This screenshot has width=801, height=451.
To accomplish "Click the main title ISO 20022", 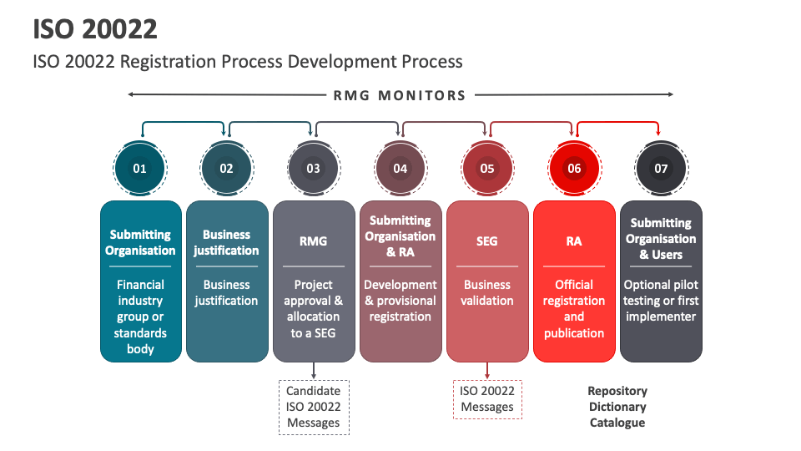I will [x=96, y=29].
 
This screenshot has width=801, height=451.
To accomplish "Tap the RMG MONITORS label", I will [x=400, y=95].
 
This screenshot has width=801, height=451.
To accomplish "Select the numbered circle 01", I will [x=139, y=168].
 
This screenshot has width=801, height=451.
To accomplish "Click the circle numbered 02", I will [x=226, y=168].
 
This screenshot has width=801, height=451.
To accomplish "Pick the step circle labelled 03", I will [x=313, y=168].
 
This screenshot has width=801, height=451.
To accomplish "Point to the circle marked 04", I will [x=400, y=168].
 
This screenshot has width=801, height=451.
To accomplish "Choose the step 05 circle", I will [x=487, y=168].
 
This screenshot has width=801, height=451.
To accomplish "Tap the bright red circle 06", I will [x=574, y=168].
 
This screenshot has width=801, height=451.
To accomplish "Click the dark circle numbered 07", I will [x=661, y=168].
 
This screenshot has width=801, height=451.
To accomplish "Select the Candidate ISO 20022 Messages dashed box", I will [x=314, y=407].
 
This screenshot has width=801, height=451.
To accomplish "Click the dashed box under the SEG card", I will [x=487, y=398].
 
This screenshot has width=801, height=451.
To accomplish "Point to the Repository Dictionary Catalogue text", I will [x=617, y=407].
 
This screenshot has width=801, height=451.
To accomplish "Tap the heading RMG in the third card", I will [x=313, y=241].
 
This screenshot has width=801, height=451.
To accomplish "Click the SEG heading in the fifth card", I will [x=487, y=241].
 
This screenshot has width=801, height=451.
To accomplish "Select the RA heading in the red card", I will [x=574, y=241].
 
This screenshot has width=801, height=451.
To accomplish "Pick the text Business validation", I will [x=487, y=292].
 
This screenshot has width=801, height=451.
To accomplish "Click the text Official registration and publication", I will [x=574, y=308].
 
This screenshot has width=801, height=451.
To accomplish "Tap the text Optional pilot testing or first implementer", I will [x=661, y=301].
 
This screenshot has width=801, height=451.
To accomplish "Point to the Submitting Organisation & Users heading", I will [x=661, y=239].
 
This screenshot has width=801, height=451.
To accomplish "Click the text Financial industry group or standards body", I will [x=140, y=317].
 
